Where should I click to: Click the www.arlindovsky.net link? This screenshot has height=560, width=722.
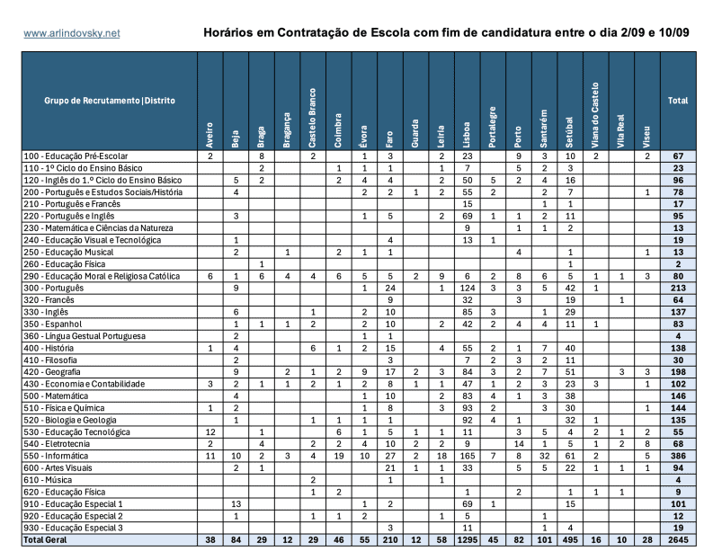tap(71, 33)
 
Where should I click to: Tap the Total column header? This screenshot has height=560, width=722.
tap(677, 101)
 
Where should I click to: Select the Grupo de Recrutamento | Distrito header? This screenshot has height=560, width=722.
tap(109, 101)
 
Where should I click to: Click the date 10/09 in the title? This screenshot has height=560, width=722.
tap(671, 33)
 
